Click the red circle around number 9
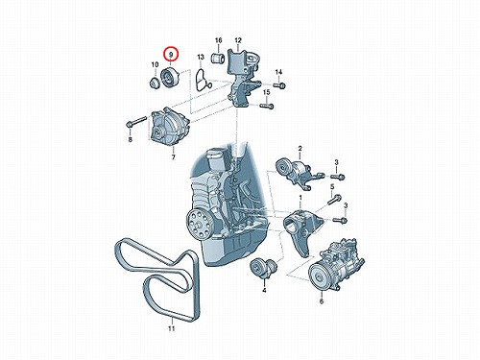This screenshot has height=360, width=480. [163, 55]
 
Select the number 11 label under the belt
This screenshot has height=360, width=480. [172, 328]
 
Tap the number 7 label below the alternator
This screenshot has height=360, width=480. [173, 157]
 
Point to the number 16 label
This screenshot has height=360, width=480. [218, 40]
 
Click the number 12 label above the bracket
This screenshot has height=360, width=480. [238, 40]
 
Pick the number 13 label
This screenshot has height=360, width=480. [201, 58]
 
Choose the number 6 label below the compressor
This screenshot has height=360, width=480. [322, 301]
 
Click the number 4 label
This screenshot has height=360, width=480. [264, 291]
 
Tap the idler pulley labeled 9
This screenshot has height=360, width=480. [169, 79]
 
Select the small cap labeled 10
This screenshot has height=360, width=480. [156, 84]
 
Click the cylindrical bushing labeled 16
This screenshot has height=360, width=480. [218, 58]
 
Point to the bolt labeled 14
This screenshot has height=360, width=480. [279, 85]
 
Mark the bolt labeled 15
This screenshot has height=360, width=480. [267, 105]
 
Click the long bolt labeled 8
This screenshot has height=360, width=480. [137, 122]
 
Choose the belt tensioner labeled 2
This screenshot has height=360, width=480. [295, 174]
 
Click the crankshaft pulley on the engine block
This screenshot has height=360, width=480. [199, 226]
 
